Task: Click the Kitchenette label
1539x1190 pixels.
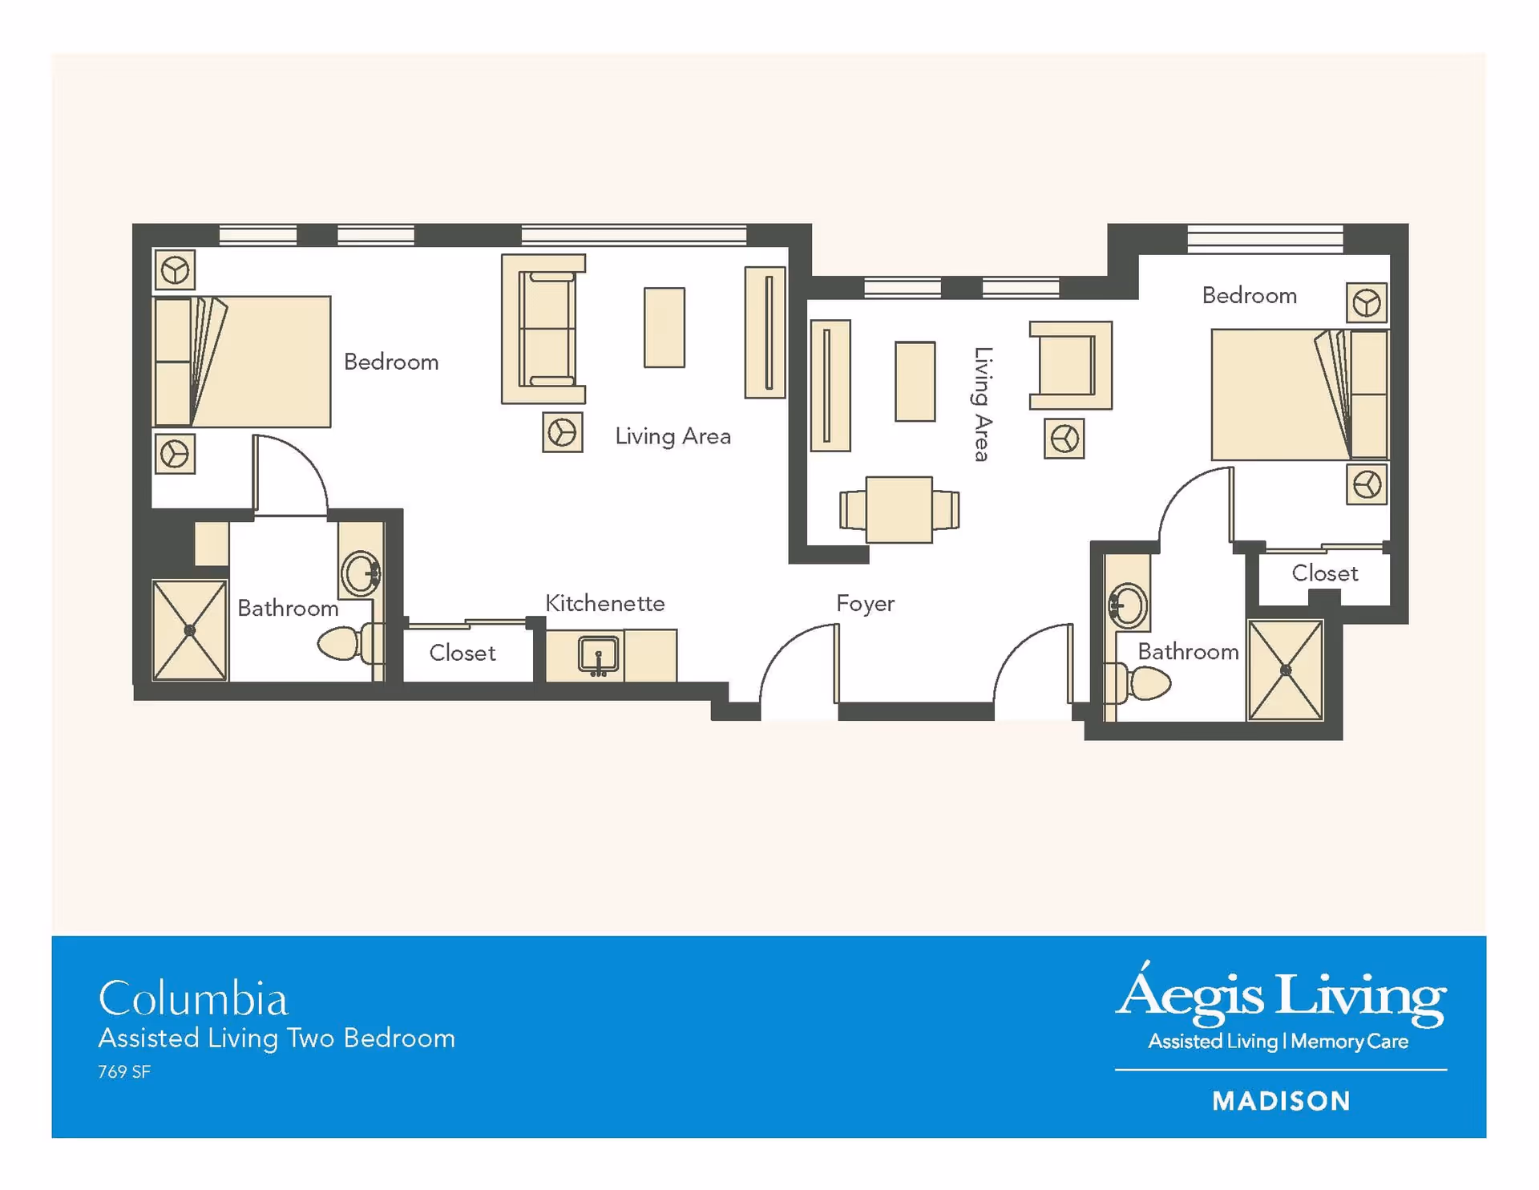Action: [604, 603]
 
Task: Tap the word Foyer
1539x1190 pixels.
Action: [865, 604]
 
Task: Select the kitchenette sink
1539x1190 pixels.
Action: [598, 655]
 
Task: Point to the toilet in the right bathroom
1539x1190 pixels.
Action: [1138, 682]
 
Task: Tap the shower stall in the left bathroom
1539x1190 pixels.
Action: [189, 630]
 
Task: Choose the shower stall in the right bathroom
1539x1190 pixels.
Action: [1286, 670]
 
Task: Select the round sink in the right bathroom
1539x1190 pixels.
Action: [1128, 605]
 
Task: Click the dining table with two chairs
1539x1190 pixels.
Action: [899, 510]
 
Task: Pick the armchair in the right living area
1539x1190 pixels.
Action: [1071, 366]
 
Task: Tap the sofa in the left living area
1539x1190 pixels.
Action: [543, 329]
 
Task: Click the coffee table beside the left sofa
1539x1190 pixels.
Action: [664, 327]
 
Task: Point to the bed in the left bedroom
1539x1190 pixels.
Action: [241, 362]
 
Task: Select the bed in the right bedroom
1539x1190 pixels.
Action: [1299, 395]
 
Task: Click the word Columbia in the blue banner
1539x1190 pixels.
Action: [193, 998]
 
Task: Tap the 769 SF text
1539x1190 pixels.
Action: [124, 1072]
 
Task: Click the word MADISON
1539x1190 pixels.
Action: [1281, 1101]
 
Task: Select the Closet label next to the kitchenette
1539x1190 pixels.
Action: [463, 653]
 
